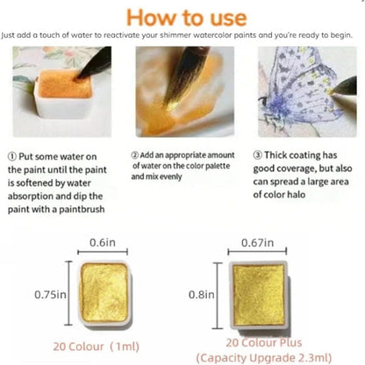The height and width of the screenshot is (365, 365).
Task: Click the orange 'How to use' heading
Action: click(187, 18)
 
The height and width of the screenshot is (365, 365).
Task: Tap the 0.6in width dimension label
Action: click(103, 242)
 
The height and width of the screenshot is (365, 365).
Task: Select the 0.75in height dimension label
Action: click(50, 294)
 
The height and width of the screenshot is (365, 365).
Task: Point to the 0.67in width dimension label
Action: click(257, 242)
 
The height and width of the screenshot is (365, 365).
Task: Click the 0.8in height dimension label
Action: click(202, 294)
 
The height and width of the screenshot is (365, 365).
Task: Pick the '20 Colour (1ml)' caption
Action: click(97, 347)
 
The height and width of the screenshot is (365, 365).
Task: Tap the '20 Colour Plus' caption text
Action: click(264, 342)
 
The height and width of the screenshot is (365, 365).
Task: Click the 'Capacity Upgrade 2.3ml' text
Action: click(264, 358)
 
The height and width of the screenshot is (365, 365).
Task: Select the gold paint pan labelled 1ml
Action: click(104, 293)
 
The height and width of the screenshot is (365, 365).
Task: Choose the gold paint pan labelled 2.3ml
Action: click(259, 295)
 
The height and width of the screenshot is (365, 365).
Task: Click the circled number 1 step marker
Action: click(12, 157)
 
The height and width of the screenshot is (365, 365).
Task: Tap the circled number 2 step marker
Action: click(134, 155)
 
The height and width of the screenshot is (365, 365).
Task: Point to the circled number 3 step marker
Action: click(257, 155)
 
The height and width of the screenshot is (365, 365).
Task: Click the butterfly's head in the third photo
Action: click(264, 102)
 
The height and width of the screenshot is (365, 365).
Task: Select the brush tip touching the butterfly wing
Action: click(331, 92)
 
